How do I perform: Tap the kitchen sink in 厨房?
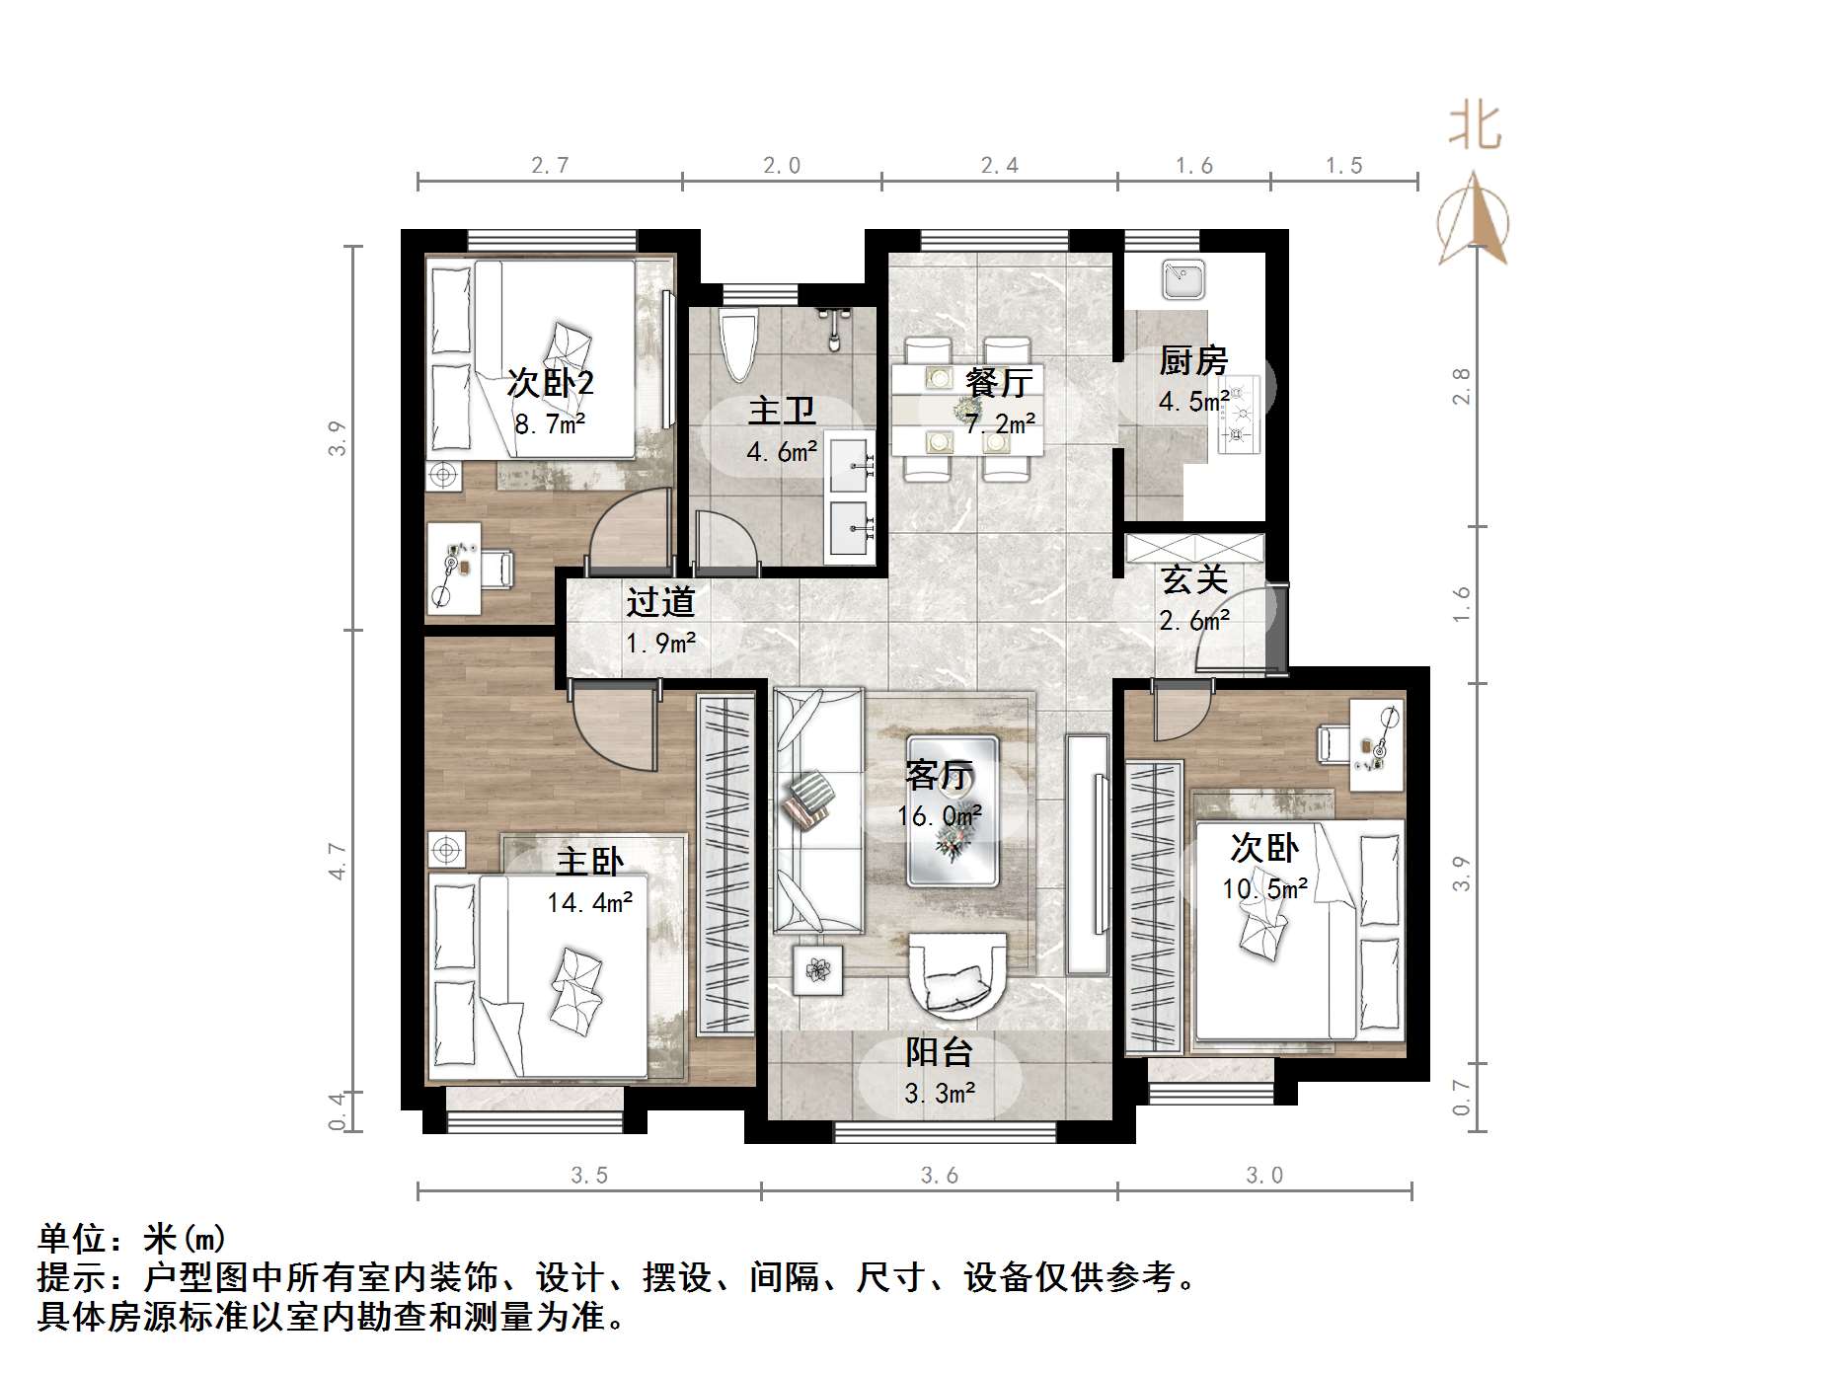coord(1182,278)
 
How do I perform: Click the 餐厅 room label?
coord(999,382)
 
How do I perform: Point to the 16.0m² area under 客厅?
coord(939,816)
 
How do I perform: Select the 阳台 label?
coord(939,1052)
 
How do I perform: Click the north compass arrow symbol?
coord(1473,219)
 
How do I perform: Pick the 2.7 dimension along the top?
coord(550,166)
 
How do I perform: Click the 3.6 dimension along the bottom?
coord(939,1176)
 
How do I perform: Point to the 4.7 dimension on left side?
coord(338,860)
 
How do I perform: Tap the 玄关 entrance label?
coord(1193,579)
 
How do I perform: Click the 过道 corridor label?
coord(660,602)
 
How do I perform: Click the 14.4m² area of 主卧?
coord(589,902)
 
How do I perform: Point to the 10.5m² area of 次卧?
coord(1264,889)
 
